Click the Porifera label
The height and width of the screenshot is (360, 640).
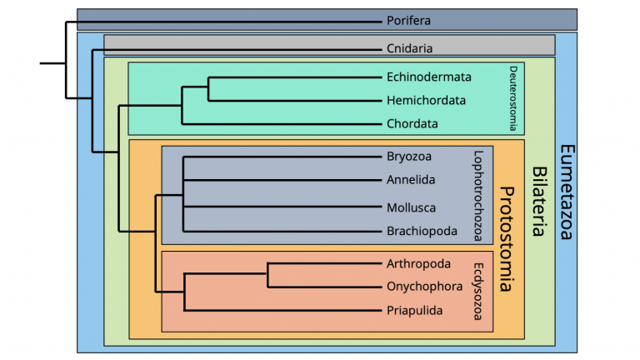click(408, 20)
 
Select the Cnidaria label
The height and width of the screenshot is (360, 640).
click(409, 47)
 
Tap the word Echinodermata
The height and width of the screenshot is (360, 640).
click(428, 77)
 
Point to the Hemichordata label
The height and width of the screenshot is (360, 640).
click(426, 101)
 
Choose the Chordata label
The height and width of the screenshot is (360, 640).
click(412, 124)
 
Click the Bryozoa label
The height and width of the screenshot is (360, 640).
click(409, 157)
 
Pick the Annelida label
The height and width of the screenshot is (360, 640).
click(411, 180)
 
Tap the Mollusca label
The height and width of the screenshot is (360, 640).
click(411, 207)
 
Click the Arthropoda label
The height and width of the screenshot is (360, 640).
click(418, 264)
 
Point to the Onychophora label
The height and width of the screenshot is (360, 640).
click(424, 287)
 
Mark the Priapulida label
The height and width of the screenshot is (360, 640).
click(414, 311)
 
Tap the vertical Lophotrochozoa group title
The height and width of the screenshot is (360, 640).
click(478, 194)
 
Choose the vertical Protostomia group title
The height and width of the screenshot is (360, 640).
click(505, 239)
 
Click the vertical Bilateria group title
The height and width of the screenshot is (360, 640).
click(538, 200)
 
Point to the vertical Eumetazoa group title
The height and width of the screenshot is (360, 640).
click(566, 191)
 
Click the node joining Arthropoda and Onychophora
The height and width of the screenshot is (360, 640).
click(268, 275)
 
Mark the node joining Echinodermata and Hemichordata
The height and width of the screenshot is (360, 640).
click(208, 89)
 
